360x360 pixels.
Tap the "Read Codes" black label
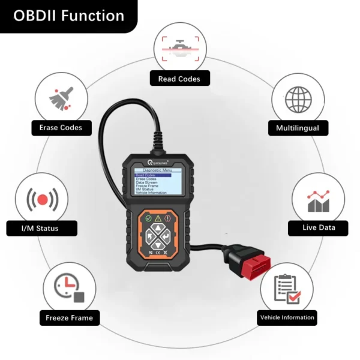click(179, 79)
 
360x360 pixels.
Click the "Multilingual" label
click(298, 128)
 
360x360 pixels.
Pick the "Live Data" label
click(318, 227)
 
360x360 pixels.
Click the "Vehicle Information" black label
click(286, 317)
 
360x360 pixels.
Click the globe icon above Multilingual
click(298, 97)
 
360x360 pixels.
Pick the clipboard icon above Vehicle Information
click(286, 289)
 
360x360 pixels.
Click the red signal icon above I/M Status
click(41, 199)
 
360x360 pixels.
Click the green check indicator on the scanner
click(147, 218)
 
